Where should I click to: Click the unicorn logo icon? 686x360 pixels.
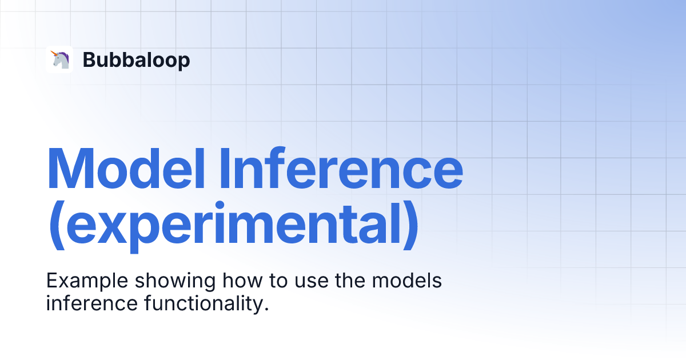pyautogui.click(x=59, y=59)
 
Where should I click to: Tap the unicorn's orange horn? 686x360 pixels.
pyautogui.click(x=54, y=54)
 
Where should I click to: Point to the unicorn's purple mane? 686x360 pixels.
pyautogui.click(x=63, y=56)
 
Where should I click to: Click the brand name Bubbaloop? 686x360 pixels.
pyautogui.click(x=136, y=60)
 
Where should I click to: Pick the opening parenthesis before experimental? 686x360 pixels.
pyautogui.click(x=57, y=225)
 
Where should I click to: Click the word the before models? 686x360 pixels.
pyautogui.click(x=350, y=280)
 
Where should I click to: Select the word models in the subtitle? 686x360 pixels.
pyautogui.click(x=406, y=280)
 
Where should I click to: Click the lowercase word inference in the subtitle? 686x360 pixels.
pyautogui.click(x=92, y=303)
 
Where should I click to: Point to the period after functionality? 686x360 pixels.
pyautogui.click(x=266, y=310)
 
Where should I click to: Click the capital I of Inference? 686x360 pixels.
pyautogui.click(x=225, y=169)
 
